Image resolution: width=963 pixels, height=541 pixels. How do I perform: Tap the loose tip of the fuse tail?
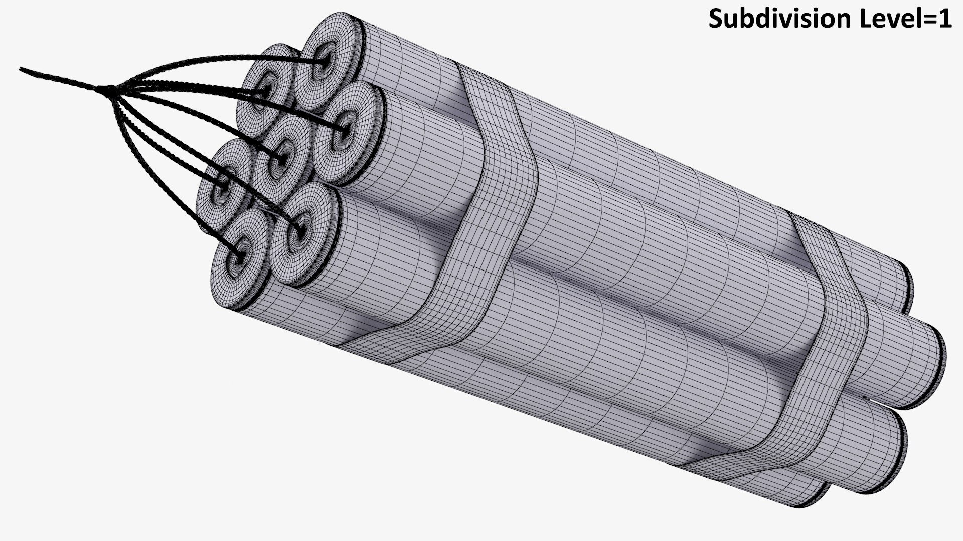[21, 68]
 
